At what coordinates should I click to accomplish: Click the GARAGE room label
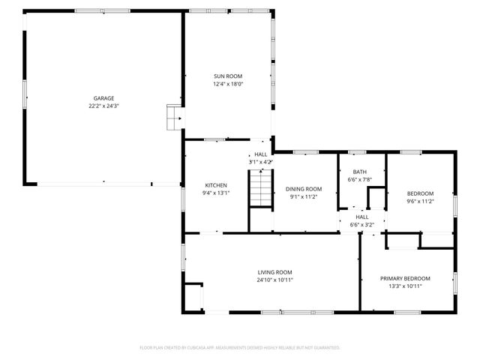pyautogui.click(x=103, y=98)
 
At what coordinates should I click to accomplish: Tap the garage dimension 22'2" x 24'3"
pyautogui.click(x=103, y=106)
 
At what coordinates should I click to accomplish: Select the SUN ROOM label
pyautogui.click(x=228, y=76)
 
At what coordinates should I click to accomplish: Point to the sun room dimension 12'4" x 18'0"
pyautogui.click(x=228, y=84)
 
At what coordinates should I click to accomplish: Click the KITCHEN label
pyautogui.click(x=216, y=185)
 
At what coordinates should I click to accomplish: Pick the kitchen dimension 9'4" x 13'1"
pyautogui.click(x=216, y=193)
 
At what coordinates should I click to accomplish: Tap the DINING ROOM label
pyautogui.click(x=304, y=189)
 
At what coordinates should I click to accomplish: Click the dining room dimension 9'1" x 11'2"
pyautogui.click(x=304, y=196)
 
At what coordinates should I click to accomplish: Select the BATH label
pyautogui.click(x=360, y=172)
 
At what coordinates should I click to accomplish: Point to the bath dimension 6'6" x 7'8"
pyautogui.click(x=360, y=179)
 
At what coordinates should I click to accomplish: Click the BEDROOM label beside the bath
pyautogui.click(x=420, y=193)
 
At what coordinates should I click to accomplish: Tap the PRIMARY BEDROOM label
pyautogui.click(x=405, y=278)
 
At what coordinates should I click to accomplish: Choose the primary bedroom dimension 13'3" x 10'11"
pyautogui.click(x=405, y=286)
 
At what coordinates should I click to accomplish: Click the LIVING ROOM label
pyautogui.click(x=275, y=272)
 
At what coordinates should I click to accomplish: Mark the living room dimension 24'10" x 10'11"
pyautogui.click(x=275, y=280)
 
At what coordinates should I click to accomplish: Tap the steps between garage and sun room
pyautogui.click(x=174, y=117)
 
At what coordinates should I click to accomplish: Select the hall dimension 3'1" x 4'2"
pyautogui.click(x=260, y=161)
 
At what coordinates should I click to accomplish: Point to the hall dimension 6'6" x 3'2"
pyautogui.click(x=361, y=224)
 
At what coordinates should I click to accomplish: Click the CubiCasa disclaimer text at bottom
pyautogui.click(x=240, y=347)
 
